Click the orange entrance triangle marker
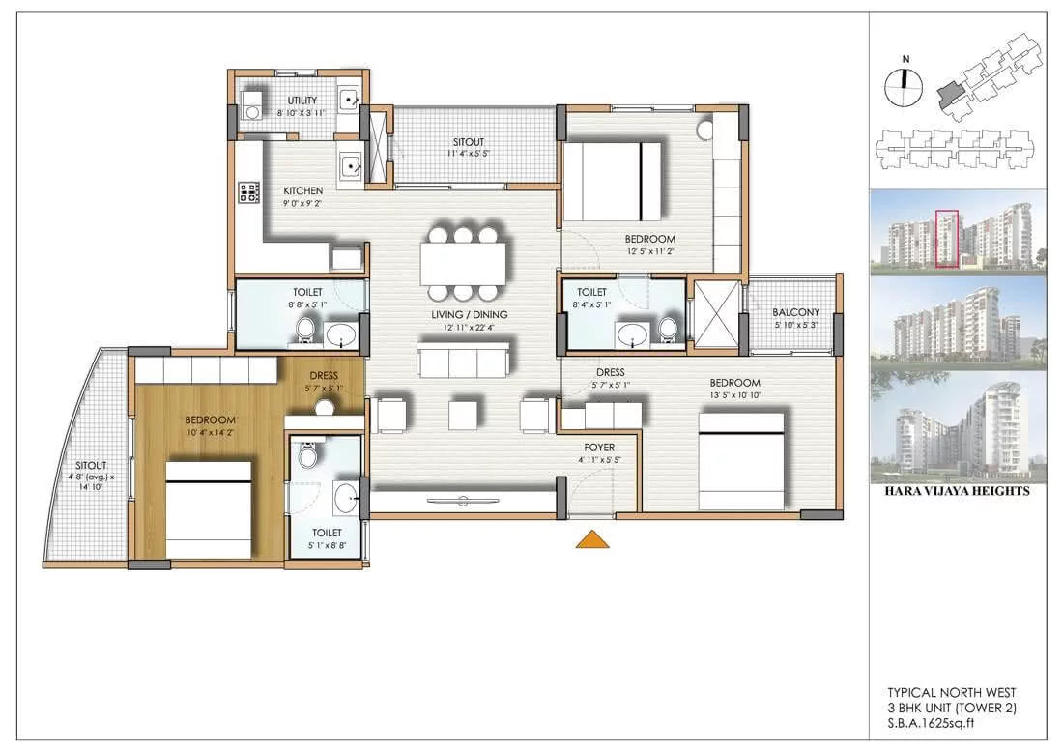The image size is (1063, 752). (x=591, y=539)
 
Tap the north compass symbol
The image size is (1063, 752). (x=904, y=86)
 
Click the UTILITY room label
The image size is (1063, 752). (x=302, y=101)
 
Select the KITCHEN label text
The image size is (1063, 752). (x=303, y=191)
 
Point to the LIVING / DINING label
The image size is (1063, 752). (x=469, y=315)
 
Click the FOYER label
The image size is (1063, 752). (x=599, y=448)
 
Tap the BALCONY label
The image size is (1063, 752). (x=796, y=312)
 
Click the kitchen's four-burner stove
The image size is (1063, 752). (x=248, y=192)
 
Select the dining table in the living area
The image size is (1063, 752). (x=463, y=263)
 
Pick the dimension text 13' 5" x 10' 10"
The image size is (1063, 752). (x=734, y=395)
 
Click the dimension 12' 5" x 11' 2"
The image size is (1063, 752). (x=649, y=251)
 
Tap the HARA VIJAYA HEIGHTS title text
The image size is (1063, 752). (x=957, y=491)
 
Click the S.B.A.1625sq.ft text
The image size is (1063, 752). (x=931, y=723)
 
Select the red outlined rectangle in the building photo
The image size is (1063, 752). (x=947, y=239)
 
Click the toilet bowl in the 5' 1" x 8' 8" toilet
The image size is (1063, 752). (x=308, y=455)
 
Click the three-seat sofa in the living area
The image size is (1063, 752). (x=463, y=360)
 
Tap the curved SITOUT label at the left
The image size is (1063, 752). (x=91, y=465)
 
